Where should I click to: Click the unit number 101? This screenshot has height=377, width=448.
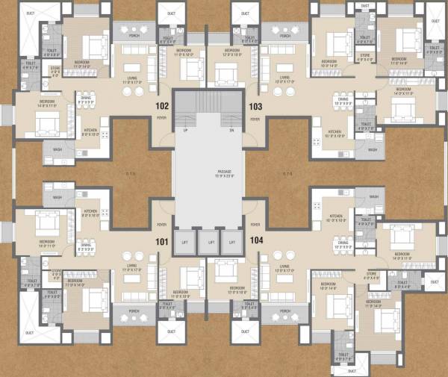[161, 242]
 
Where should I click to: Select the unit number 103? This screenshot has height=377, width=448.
[255, 106]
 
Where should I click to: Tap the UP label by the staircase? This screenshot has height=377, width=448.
[185, 130]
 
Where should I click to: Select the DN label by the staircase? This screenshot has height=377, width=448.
[232, 130]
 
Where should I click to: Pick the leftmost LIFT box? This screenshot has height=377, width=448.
[185, 242]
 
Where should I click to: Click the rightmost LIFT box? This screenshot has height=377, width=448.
[232, 242]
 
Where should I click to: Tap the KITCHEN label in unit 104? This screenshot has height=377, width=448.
[336, 217]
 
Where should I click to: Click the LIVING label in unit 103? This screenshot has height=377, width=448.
[284, 78]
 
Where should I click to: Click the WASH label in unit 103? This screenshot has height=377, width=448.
[373, 149]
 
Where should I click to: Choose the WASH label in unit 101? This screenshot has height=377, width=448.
[57, 198]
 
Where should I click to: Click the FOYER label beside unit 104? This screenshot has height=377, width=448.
[256, 223]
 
